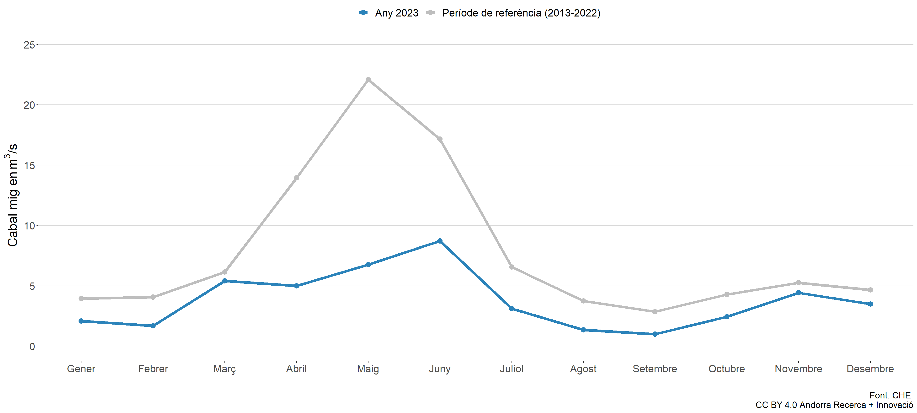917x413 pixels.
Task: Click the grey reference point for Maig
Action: [368, 80]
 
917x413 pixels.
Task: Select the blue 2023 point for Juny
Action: [440, 241]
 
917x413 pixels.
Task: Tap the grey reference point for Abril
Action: [297, 178]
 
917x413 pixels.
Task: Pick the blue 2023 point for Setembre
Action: [655, 334]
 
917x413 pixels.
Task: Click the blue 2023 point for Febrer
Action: [153, 326]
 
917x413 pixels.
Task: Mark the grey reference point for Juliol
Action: [512, 267]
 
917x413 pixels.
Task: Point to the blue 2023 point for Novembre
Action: [799, 293]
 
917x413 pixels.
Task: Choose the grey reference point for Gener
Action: [81, 299]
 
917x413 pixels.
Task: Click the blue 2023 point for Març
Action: [225, 281]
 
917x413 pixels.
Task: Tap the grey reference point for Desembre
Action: [870, 290]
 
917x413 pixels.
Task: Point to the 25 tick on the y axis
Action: [29, 45]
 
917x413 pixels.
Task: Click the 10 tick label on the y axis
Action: [29, 226]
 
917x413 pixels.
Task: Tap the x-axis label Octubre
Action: [726, 369]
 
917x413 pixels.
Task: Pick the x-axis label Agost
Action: [583, 369]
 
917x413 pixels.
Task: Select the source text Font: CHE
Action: [890, 395]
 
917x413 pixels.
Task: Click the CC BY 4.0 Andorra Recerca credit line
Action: [834, 405]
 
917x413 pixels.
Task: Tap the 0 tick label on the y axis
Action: [32, 346]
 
